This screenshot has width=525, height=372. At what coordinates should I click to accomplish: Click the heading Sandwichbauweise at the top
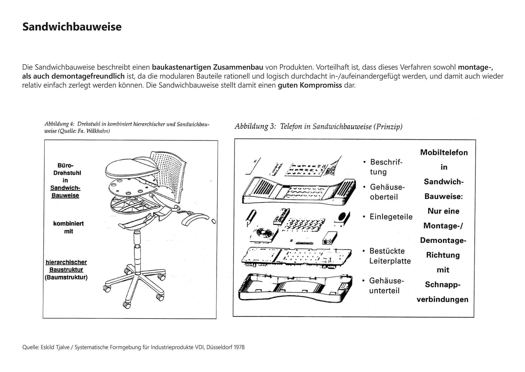click(72, 27)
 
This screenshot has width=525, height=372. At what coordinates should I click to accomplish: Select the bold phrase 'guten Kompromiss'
click(310, 85)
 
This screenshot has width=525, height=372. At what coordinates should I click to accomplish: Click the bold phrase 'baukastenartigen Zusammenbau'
click(208, 67)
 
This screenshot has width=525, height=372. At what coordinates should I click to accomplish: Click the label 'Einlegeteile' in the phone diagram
click(391, 217)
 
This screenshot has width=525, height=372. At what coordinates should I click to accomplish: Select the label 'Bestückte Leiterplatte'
click(390, 256)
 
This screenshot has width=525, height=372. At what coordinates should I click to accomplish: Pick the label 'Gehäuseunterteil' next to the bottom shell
click(386, 285)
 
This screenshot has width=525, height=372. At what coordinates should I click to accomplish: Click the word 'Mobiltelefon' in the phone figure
click(444, 153)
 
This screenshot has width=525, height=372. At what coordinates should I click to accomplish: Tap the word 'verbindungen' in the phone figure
click(442, 299)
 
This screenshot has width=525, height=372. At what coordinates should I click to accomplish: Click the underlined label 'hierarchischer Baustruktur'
click(66, 266)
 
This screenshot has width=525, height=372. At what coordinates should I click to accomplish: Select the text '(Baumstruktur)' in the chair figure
click(66, 277)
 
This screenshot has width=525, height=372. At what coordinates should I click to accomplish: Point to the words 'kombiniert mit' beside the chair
click(68, 227)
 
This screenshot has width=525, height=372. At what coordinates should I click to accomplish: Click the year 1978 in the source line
click(239, 347)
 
